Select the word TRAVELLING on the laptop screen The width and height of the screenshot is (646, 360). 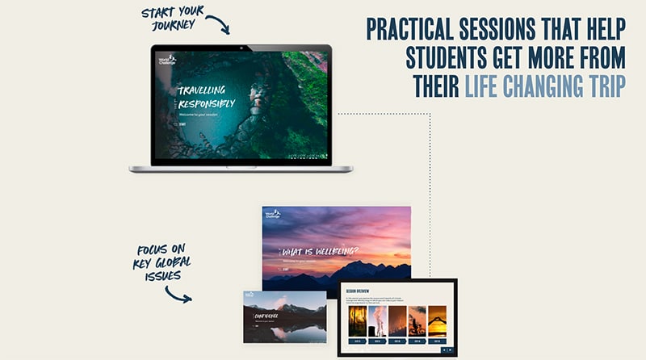click(x=202, y=90)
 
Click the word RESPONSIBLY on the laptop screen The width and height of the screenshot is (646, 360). click(x=208, y=104)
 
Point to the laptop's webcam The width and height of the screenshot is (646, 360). click(x=241, y=48)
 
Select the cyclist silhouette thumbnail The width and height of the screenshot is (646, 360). click(x=417, y=321)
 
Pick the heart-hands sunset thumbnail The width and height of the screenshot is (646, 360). click(x=437, y=321)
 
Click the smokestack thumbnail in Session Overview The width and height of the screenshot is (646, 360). click(x=377, y=321)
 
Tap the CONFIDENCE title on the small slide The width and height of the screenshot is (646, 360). click(x=266, y=316)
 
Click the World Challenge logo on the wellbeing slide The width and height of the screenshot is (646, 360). click(x=271, y=215)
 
